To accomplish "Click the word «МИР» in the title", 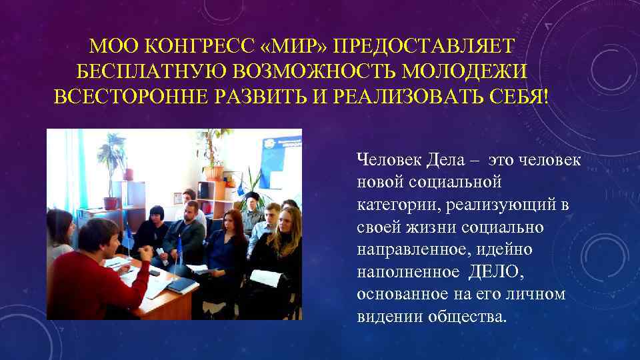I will coord(293,46).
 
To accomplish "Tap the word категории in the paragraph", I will coord(393,204).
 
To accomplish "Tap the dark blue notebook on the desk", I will coord(179,285).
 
